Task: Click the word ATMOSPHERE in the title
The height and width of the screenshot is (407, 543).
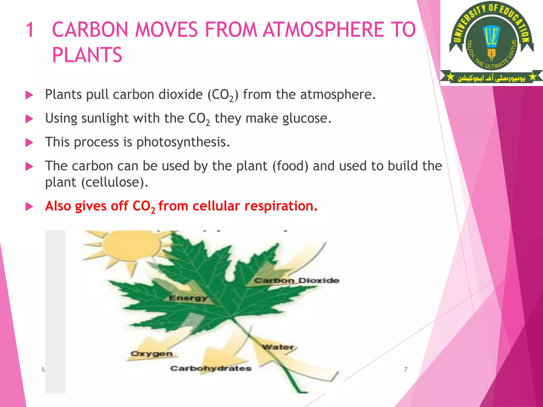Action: (x=323, y=30)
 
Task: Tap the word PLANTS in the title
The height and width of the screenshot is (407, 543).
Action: (x=87, y=55)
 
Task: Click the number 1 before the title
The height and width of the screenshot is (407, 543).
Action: (x=30, y=30)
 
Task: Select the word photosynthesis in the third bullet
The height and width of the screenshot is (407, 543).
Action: (x=183, y=142)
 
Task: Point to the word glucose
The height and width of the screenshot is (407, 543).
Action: (x=307, y=118)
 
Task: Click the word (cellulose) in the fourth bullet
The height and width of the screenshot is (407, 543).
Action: (x=115, y=182)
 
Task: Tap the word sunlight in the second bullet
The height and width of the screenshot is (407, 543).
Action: (x=105, y=118)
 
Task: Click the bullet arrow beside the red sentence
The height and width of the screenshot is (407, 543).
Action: (x=29, y=207)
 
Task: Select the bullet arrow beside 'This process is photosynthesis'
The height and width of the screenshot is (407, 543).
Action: (x=29, y=143)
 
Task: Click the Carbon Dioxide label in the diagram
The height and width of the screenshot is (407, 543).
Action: (x=297, y=280)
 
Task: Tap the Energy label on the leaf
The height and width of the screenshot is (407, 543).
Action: (x=188, y=298)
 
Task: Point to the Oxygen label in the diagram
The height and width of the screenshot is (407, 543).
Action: (x=151, y=354)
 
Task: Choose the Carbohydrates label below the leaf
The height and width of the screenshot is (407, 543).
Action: (x=211, y=368)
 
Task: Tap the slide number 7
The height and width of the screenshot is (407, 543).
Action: (x=406, y=370)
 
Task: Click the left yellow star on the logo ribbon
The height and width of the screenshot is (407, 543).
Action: (x=450, y=77)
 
